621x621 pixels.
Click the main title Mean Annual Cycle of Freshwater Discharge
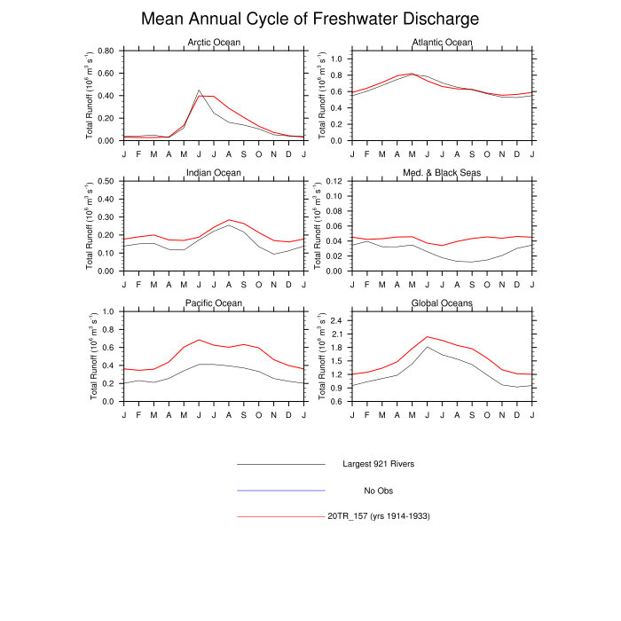(310, 19)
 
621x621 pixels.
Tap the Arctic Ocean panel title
(213, 43)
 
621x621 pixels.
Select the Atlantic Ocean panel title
(443, 43)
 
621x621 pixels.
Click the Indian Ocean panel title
(213, 172)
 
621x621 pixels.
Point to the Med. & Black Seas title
(443, 172)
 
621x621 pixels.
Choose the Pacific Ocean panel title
(213, 303)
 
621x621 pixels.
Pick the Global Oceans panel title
(443, 303)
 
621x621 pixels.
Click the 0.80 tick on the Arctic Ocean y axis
(104, 51)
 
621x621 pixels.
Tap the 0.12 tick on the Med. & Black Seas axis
(334, 181)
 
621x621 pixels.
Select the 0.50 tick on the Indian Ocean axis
(104, 181)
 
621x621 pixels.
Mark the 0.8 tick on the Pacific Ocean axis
(107, 329)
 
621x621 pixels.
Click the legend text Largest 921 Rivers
(379, 464)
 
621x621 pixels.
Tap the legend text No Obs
(379, 491)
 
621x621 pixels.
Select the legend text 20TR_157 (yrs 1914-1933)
(379, 516)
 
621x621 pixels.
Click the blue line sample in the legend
(281, 490)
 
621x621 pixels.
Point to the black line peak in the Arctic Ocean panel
(199, 90)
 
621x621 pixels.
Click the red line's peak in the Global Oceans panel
(428, 336)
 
